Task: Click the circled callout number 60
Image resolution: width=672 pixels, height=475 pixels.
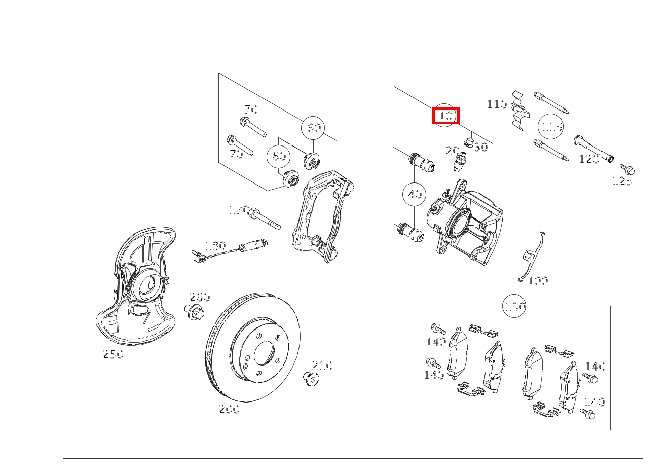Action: [314, 128]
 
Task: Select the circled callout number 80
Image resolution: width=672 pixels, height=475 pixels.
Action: [279, 156]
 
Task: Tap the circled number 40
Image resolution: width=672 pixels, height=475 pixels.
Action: [415, 194]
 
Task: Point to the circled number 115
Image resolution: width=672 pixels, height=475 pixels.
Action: [552, 126]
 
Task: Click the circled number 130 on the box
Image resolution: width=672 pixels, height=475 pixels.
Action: [515, 307]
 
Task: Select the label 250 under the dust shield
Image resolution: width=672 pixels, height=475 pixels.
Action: [113, 354]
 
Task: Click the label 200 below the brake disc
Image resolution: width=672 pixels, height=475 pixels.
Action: [229, 409]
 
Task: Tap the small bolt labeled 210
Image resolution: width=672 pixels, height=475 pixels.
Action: [310, 378]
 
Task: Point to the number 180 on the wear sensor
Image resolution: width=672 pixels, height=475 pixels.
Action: [215, 246]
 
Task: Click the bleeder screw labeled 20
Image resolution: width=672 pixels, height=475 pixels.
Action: [460, 162]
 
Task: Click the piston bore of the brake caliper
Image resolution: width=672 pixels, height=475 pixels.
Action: [459, 224]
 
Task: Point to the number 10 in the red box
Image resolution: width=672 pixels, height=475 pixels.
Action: [445, 116]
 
